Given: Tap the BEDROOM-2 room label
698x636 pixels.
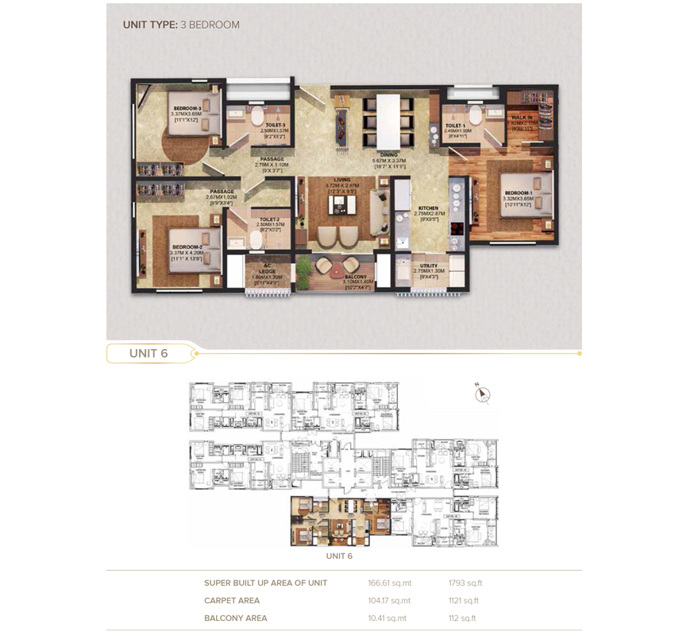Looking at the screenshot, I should (187, 247).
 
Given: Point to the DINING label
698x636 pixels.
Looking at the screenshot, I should (389, 155).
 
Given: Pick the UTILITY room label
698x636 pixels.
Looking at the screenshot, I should (429, 266).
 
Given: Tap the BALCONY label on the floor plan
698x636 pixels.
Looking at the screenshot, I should (356, 276).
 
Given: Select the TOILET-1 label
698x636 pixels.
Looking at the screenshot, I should (455, 126).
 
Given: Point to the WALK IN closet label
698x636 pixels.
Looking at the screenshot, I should (522, 118).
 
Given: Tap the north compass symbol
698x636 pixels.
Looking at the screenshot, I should (482, 394).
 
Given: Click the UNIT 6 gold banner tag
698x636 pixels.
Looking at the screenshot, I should (149, 353).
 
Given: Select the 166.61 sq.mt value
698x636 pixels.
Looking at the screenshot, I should (390, 584).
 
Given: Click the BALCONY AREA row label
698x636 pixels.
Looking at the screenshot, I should (235, 618).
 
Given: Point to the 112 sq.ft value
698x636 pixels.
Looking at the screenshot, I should (462, 618).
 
